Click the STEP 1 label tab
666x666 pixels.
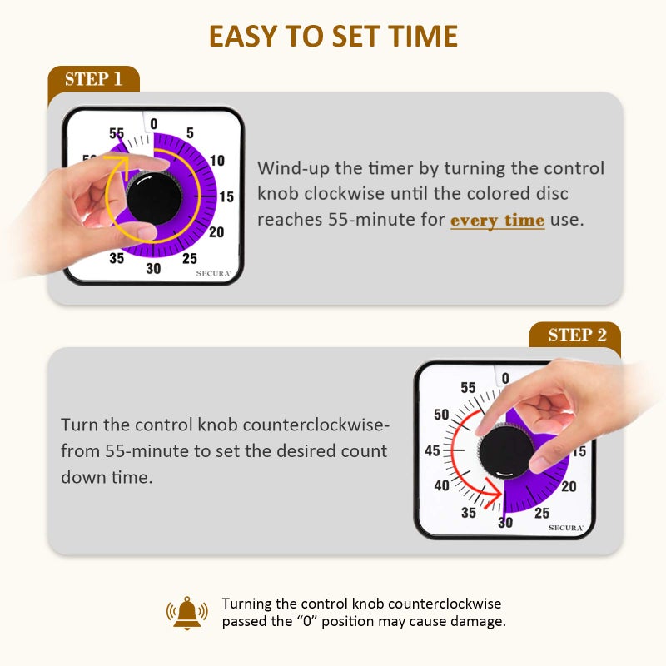click(x=93, y=79)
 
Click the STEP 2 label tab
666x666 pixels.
click(x=577, y=335)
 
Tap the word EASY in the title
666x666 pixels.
click(x=241, y=37)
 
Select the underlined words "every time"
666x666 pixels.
click(x=497, y=221)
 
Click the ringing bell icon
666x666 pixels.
click(x=187, y=612)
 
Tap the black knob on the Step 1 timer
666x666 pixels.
click(x=154, y=197)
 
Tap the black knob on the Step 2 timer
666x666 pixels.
click(x=506, y=450)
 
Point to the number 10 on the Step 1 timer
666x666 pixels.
click(x=217, y=161)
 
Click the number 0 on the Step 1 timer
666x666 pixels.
click(x=153, y=125)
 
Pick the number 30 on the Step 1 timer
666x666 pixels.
click(x=153, y=268)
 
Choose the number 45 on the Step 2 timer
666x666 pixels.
click(x=433, y=451)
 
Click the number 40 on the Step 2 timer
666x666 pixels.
click(x=441, y=486)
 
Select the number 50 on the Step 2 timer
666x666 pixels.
click(x=441, y=415)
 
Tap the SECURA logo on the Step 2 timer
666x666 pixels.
click(x=565, y=528)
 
